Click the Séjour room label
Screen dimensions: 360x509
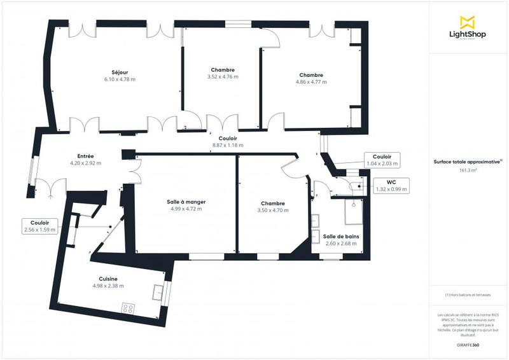[x=120, y=72]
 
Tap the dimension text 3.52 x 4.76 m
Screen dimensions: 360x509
[x=223, y=77]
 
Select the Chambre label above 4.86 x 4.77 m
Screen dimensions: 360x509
[x=311, y=75]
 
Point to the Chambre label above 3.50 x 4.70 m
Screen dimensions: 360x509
[x=272, y=203]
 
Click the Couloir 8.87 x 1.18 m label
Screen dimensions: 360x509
[x=228, y=138]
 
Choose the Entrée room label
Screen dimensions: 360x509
[x=85, y=156]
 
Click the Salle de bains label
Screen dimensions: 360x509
[x=341, y=236]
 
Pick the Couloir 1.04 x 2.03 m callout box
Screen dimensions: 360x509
[x=382, y=160]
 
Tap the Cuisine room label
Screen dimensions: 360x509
[x=108, y=279]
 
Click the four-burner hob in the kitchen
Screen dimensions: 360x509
[x=128, y=308]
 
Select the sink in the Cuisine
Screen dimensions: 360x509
[x=157, y=292]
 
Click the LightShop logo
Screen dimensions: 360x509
[x=468, y=28]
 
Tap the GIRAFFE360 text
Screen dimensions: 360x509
[x=468, y=343]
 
